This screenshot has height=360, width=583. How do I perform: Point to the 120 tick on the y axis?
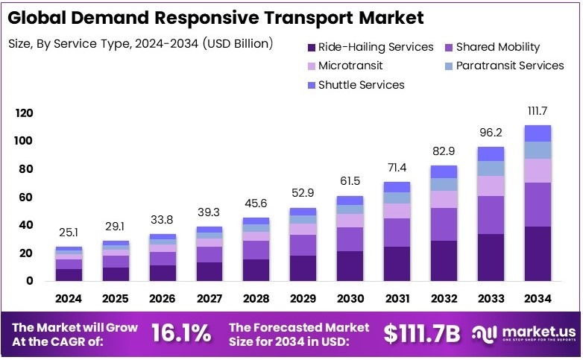pyautogui.click(x=25, y=113)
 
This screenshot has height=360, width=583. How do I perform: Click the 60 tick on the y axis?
pyautogui.click(x=25, y=198)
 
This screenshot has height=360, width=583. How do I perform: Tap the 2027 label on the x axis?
pyautogui.click(x=210, y=299)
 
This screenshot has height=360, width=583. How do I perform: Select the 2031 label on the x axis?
pyautogui.click(x=397, y=299)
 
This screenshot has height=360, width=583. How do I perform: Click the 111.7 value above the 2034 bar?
pyautogui.click(x=538, y=110)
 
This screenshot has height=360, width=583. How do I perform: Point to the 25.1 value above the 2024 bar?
pyautogui.click(x=69, y=232)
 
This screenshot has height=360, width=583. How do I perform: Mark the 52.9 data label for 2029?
pyautogui.click(x=303, y=193)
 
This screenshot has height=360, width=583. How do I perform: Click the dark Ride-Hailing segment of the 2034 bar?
pyautogui.click(x=538, y=253)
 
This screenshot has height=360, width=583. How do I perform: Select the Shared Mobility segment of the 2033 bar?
pyautogui.click(x=491, y=215)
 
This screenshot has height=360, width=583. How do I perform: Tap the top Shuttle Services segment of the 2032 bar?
pyautogui.click(x=444, y=171)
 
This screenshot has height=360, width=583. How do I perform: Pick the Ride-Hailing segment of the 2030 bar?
pyautogui.click(x=350, y=266)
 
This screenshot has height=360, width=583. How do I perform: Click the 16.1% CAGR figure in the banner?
pyautogui.click(x=180, y=333)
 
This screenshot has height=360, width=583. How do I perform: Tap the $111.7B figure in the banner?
pyautogui.click(x=420, y=333)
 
